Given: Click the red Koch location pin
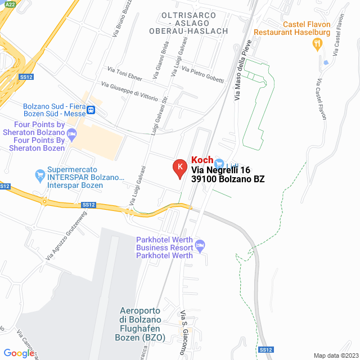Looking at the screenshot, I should (x=179, y=168).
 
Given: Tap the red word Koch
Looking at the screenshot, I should (x=202, y=160).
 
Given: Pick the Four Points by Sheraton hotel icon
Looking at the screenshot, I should (x=71, y=134).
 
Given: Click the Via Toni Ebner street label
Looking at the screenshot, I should (x=125, y=74).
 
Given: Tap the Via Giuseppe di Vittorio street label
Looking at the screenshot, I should (x=129, y=91).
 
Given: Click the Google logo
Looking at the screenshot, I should (x=19, y=353).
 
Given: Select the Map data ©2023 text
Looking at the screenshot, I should (x=335, y=355).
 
